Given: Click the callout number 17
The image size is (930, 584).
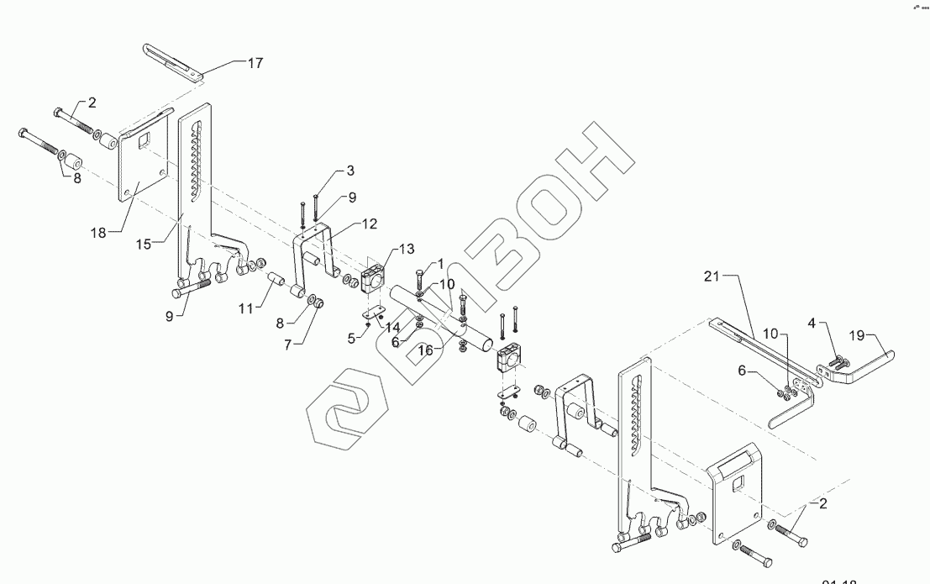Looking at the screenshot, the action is tap(255, 62).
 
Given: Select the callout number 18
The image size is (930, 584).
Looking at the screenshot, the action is tap(99, 233).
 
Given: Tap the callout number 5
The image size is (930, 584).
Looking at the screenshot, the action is tap(351, 338).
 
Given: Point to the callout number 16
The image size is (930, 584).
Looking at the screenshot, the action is tap(427, 350).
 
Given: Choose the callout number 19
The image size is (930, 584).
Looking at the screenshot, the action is tap(857, 335).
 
